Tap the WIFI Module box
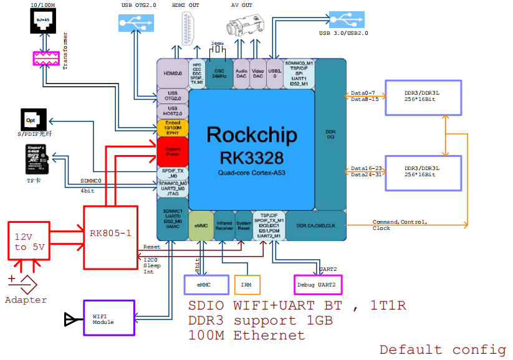click(x=108, y=318)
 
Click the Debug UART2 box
click(x=318, y=285)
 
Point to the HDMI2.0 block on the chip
click(x=172, y=73)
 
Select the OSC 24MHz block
click(x=219, y=73)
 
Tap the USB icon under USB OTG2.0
click(x=135, y=23)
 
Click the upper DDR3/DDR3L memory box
click(x=423, y=97)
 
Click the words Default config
click(x=443, y=349)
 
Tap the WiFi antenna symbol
click(x=70, y=320)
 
